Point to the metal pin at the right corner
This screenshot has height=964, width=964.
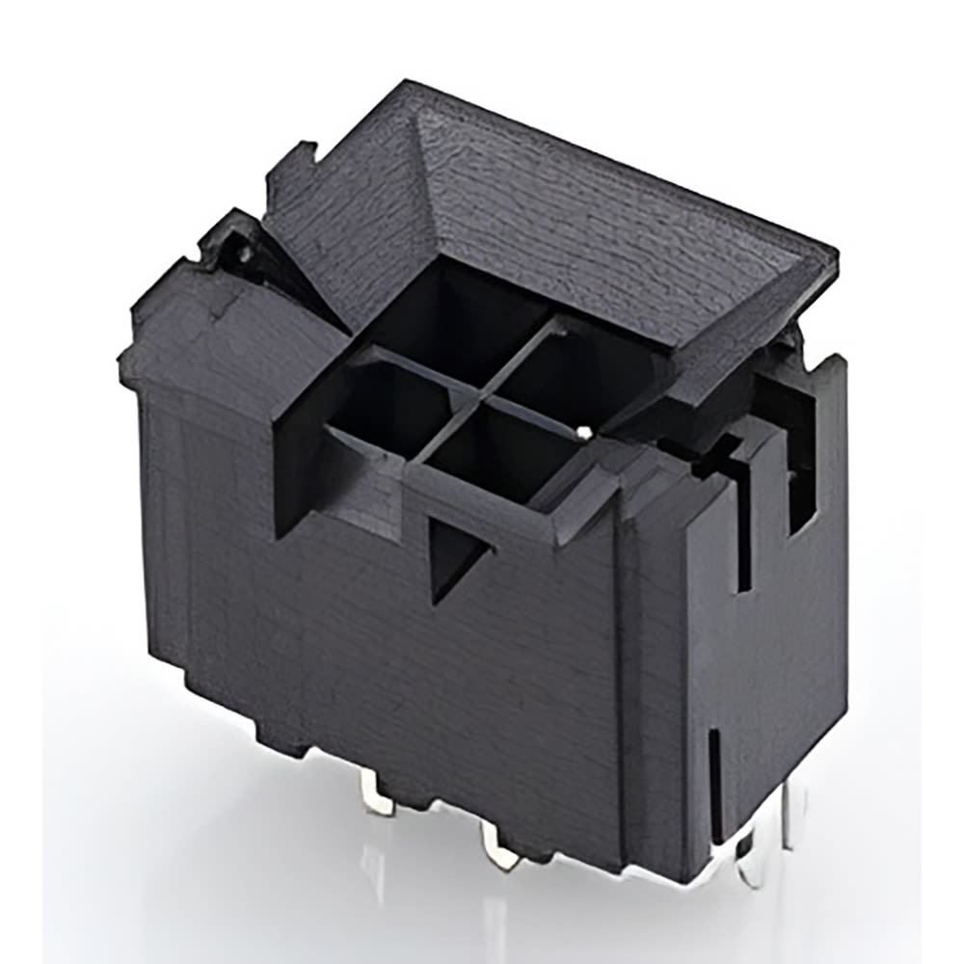pyautogui.click(x=790, y=819)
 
